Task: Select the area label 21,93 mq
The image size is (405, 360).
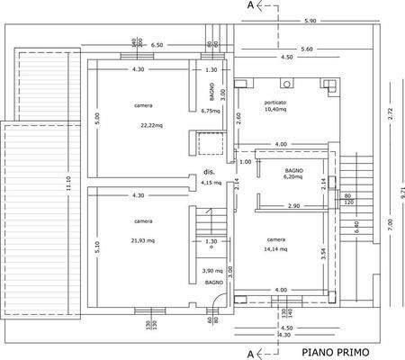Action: [x=143, y=241]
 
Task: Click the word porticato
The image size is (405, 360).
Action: [x=275, y=103]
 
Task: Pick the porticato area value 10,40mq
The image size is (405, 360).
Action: [x=275, y=111]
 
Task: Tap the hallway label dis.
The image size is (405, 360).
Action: [x=209, y=171]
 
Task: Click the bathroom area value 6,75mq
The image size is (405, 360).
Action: [x=209, y=112]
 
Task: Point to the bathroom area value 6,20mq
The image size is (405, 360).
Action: [x=294, y=177]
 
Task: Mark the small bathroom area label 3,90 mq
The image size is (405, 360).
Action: [x=212, y=271]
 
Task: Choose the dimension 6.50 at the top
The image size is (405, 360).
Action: [x=157, y=44]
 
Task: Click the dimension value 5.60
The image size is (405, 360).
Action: [x=306, y=49]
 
